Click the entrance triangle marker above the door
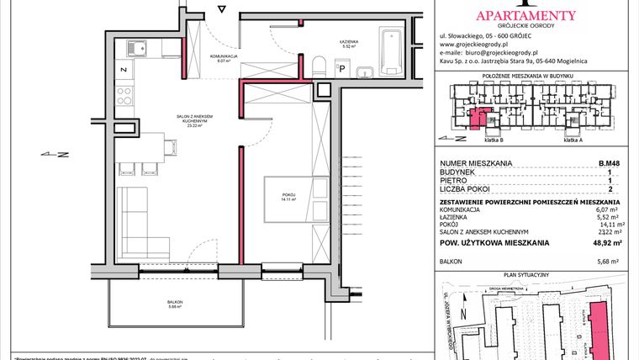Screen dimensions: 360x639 [x=221, y=10]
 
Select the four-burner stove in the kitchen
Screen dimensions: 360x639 [x=123, y=90]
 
